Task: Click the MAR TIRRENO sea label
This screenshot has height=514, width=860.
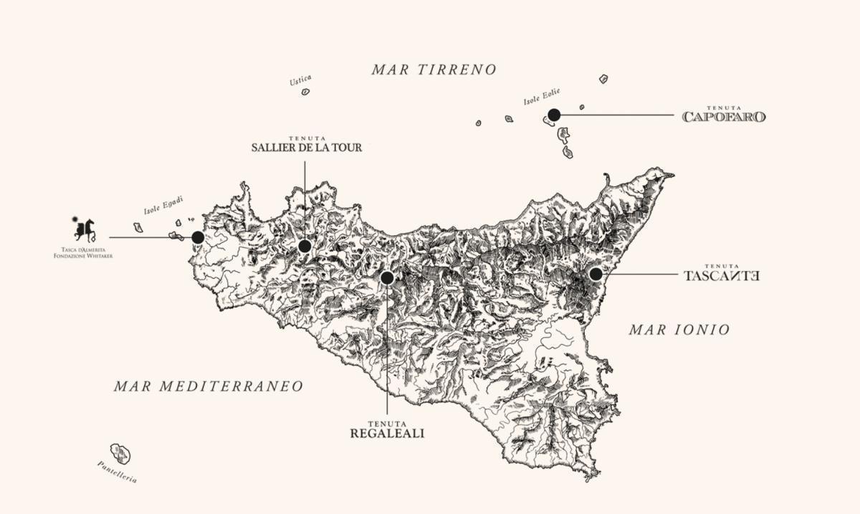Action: (x=434, y=70)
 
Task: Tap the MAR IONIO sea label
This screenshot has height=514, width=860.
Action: (x=679, y=330)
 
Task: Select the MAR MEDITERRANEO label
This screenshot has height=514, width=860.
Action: (x=209, y=386)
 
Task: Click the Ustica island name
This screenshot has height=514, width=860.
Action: (x=300, y=80)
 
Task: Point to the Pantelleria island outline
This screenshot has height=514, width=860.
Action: (x=121, y=453)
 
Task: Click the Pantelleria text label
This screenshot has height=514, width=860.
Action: (x=117, y=472)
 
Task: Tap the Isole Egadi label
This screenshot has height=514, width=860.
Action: (x=163, y=206)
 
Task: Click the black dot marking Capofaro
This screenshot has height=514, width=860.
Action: (x=554, y=115)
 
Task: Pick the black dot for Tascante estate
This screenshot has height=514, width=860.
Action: (x=596, y=274)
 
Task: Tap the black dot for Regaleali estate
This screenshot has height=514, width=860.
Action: (x=387, y=277)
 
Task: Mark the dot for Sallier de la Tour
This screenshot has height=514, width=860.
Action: (x=305, y=247)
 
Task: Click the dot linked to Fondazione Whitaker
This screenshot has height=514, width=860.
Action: (x=198, y=237)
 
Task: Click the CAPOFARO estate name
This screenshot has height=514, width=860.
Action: (x=724, y=117)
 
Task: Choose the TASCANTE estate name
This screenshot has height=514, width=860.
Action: (x=722, y=275)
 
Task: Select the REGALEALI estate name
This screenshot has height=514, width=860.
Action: (x=387, y=433)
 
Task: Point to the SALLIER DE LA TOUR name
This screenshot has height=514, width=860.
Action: (x=307, y=148)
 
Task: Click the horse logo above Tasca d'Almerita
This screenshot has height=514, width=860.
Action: (x=84, y=229)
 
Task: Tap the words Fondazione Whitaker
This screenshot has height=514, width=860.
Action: (x=83, y=256)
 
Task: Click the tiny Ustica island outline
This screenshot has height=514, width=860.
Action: (x=305, y=92)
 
